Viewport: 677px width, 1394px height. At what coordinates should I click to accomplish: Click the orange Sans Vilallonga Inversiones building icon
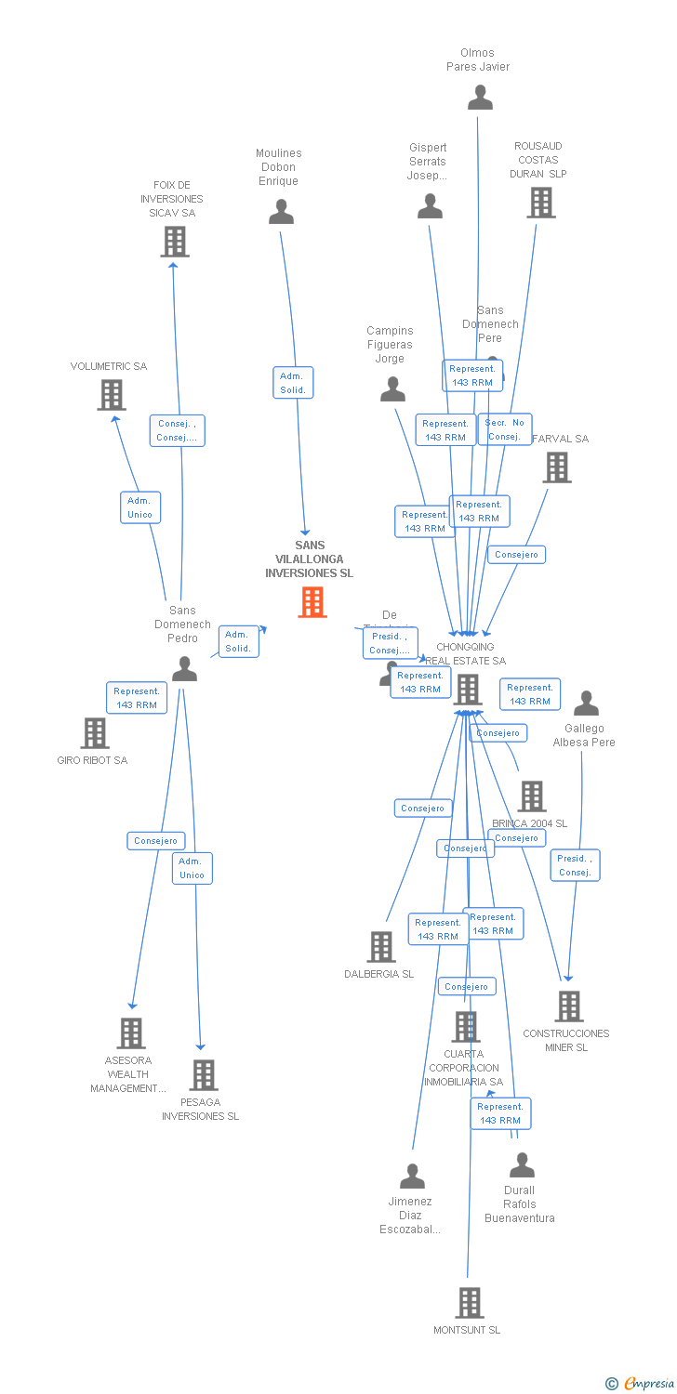coord(312,602)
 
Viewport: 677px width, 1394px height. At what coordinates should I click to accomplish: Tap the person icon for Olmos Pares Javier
coord(480,98)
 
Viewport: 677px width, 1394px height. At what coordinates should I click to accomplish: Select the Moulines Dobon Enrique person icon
coord(281,212)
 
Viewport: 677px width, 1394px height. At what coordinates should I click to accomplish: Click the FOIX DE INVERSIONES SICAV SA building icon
coord(174,242)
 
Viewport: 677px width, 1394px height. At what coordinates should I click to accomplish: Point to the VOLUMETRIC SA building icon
coord(112,395)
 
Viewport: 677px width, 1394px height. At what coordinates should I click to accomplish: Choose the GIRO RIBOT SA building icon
coord(94,733)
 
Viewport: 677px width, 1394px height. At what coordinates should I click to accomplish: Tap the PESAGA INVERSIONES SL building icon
coord(204,1074)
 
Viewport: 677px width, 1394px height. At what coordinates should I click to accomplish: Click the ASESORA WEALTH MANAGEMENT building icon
coord(131,1032)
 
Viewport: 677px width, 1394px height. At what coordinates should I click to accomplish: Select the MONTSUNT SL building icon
coord(470,1303)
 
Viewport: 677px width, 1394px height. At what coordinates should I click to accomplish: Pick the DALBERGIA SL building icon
coord(381,947)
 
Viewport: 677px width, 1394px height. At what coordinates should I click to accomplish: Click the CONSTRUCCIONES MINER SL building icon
coord(568,1006)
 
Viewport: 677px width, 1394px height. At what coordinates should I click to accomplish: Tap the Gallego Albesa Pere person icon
coord(586,704)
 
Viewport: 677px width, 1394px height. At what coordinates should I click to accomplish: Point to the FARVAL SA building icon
coord(557,467)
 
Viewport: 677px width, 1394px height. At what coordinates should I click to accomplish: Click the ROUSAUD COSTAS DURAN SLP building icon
coord(540,203)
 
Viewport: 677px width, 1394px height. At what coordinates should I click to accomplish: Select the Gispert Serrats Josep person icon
coord(430,206)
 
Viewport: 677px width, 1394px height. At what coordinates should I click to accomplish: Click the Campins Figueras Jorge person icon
coord(392,388)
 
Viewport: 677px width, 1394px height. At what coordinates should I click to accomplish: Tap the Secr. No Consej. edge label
coord(505,429)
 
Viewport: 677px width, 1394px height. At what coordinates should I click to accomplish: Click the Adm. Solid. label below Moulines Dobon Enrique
coord(292,383)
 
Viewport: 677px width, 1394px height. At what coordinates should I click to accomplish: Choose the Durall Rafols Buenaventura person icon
coord(522,1164)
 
